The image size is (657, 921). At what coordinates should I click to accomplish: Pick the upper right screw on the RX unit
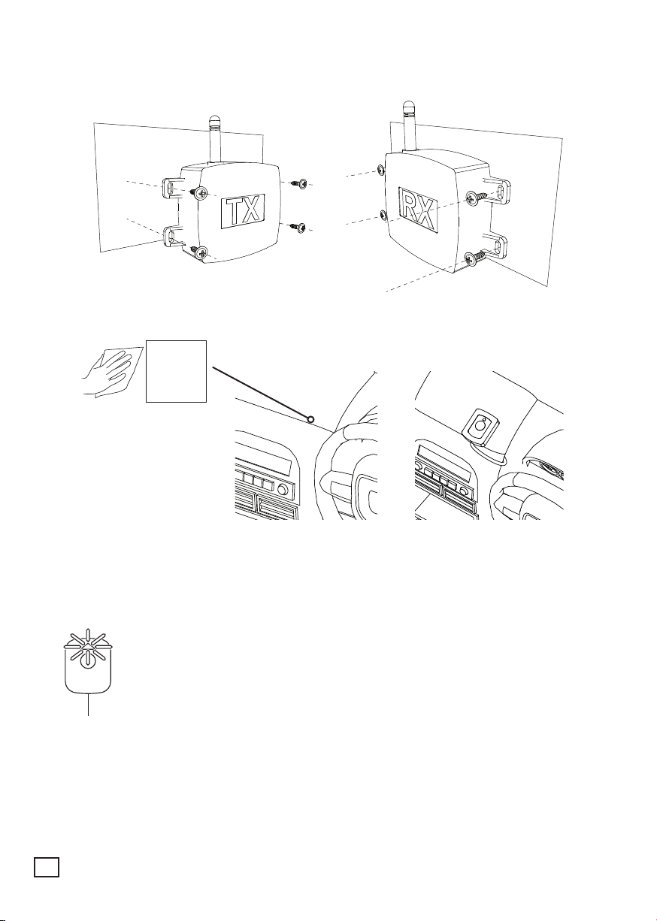click(477, 198)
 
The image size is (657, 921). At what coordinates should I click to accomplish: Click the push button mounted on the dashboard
click(478, 427)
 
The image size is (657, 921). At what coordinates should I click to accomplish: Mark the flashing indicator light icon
click(88, 648)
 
